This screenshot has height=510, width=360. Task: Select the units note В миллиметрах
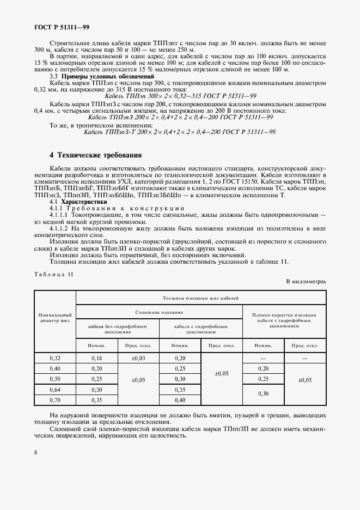(x=306, y=282)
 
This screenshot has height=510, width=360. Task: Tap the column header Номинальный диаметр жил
(x=55, y=318)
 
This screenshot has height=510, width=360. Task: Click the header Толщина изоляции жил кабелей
(x=200, y=297)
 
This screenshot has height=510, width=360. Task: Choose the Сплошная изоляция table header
(x=158, y=312)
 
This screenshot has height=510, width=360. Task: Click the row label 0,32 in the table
(x=55, y=359)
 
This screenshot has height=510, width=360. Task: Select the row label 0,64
(x=55, y=390)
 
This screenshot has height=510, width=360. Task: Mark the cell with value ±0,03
(x=138, y=359)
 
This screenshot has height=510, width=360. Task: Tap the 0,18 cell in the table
(x=96, y=359)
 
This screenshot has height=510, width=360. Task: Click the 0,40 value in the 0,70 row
(x=180, y=400)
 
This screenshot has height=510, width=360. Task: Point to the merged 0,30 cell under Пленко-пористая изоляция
(x=264, y=394)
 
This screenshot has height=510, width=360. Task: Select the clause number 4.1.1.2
(x=60, y=229)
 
